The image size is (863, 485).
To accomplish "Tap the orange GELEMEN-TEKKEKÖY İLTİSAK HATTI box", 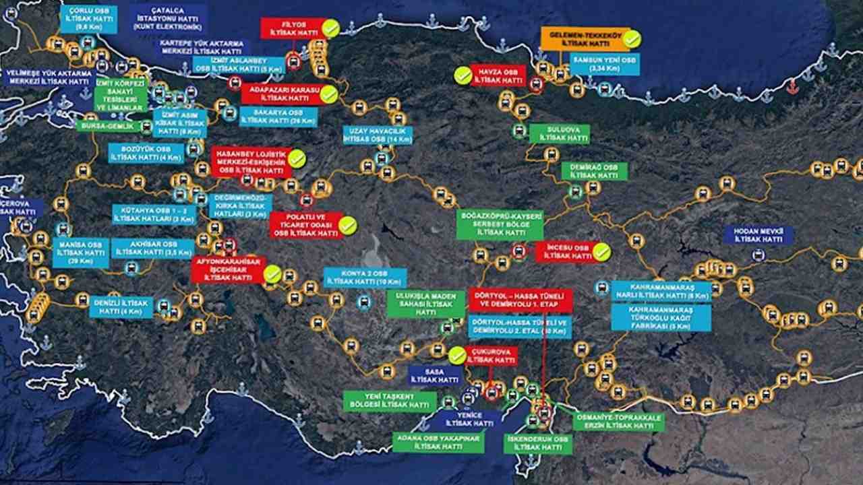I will pyautogui.click(x=585, y=39).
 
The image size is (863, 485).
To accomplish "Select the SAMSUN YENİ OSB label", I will pyautogui.click(x=604, y=64).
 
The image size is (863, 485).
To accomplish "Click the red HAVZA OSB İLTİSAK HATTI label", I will pyautogui.click(x=498, y=75).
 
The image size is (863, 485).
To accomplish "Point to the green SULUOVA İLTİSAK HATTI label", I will pyautogui.click(x=559, y=133).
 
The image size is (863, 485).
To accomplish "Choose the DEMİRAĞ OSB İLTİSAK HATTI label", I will pyautogui.click(x=594, y=171).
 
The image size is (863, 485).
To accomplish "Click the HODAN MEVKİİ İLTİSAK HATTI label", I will pyautogui.click(x=758, y=235).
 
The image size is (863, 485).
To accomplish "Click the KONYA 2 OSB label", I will pyautogui.click(x=365, y=278).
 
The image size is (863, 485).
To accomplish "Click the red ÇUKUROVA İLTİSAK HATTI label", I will pyautogui.click(x=492, y=356).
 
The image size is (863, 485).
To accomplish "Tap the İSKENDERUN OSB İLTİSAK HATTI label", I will pyautogui.click(x=538, y=443).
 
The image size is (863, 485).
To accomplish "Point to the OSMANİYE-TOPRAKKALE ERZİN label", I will pyautogui.click(x=619, y=422).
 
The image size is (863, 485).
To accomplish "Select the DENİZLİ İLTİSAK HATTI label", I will pyautogui.click(x=121, y=307).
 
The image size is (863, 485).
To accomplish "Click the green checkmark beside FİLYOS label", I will pyautogui.click(x=330, y=28).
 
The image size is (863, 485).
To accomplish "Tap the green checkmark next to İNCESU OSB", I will pyautogui.click(x=601, y=252).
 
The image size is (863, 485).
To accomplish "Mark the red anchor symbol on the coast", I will pyautogui.click(x=792, y=86).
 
